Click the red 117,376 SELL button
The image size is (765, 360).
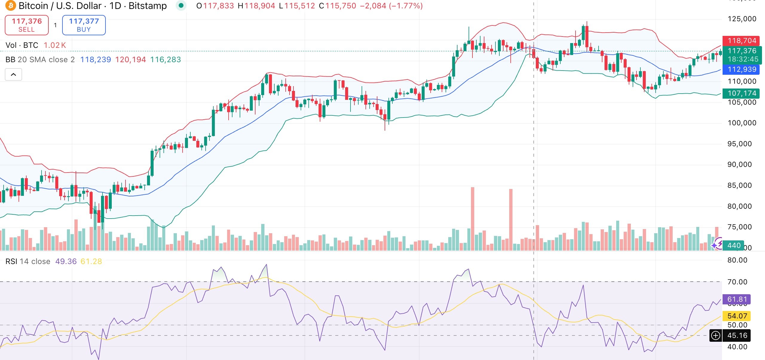point(27,25)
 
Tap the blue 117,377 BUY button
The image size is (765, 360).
point(84,25)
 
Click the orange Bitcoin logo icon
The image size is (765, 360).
point(10,6)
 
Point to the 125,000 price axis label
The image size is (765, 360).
point(742,19)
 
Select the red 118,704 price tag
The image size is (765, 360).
point(741,41)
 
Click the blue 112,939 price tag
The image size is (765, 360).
point(741,69)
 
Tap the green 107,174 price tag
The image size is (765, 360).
point(741,93)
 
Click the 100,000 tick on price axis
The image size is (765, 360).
point(742,123)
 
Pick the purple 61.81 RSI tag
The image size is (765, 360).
point(737,299)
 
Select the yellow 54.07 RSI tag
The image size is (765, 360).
point(737,316)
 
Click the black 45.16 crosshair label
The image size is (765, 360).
point(737,335)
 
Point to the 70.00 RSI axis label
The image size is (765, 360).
point(737,282)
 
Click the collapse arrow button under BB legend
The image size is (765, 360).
point(13,74)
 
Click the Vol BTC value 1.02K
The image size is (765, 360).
point(55,45)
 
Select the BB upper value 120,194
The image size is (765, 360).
point(131,60)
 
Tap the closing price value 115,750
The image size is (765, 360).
point(341,6)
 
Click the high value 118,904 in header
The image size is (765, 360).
point(259,6)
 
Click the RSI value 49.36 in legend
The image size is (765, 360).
point(66,261)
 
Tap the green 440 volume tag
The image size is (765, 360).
point(734,245)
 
